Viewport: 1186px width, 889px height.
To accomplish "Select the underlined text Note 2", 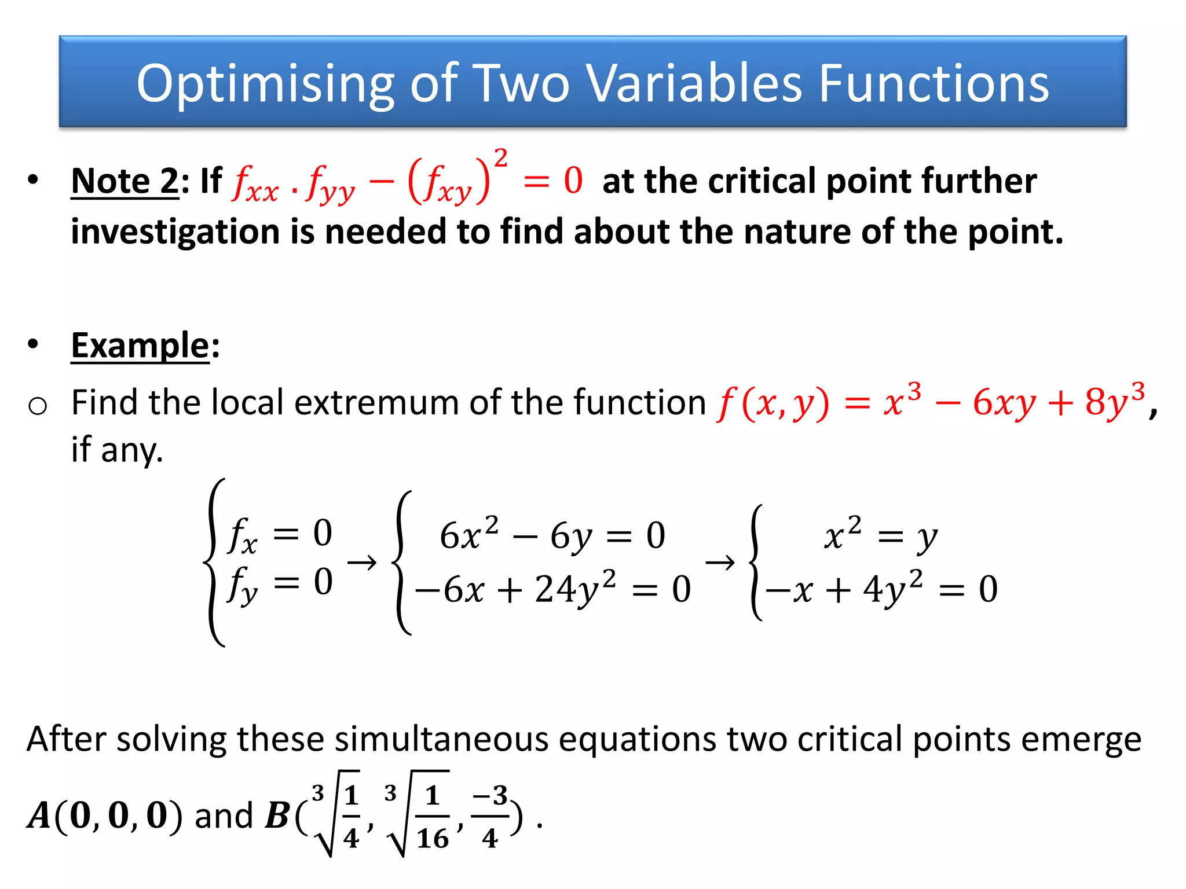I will (125, 181).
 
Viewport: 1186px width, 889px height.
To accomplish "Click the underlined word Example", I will (140, 346).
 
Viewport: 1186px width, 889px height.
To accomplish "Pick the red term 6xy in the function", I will (1004, 403).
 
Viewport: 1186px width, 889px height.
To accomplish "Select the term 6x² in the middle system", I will (468, 534).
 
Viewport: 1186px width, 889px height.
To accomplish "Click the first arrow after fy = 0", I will (362, 562).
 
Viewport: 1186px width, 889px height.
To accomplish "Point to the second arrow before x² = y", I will (720, 562).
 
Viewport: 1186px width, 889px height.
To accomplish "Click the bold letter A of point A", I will (39, 816).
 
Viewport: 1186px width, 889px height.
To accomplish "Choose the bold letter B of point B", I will (277, 816).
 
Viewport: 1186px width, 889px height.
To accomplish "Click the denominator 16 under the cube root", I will (433, 839).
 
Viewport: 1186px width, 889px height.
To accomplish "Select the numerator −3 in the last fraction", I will (490, 796).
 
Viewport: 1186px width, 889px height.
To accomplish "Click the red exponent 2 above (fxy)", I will (501, 157).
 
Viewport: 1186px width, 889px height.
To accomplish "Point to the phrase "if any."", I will (117, 450).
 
